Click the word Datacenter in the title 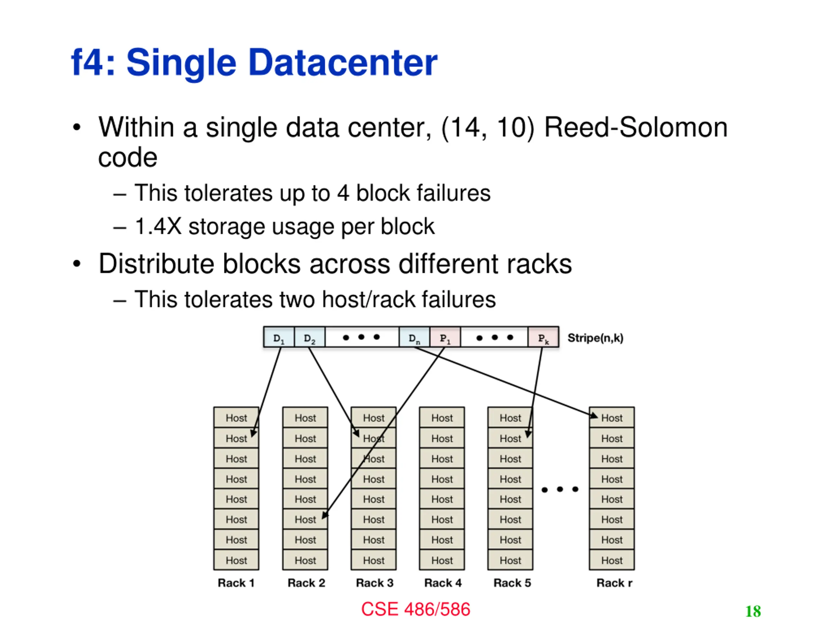click(x=343, y=62)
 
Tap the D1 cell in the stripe click(x=279, y=337)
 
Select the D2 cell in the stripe click(x=309, y=337)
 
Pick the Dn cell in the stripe click(x=414, y=337)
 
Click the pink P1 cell click(x=445, y=337)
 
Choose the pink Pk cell click(x=543, y=337)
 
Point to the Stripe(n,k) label click(x=595, y=338)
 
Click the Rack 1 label click(x=236, y=583)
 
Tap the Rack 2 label click(x=306, y=583)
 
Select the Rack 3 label click(x=375, y=583)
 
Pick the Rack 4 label click(x=443, y=583)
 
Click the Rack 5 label click(x=512, y=583)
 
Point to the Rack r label click(x=614, y=583)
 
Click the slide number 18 click(x=753, y=611)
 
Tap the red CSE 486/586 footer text click(x=416, y=609)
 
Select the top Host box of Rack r click(x=612, y=418)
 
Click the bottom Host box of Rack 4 click(x=442, y=560)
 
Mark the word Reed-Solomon click(x=636, y=127)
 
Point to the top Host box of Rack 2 click(x=305, y=418)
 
